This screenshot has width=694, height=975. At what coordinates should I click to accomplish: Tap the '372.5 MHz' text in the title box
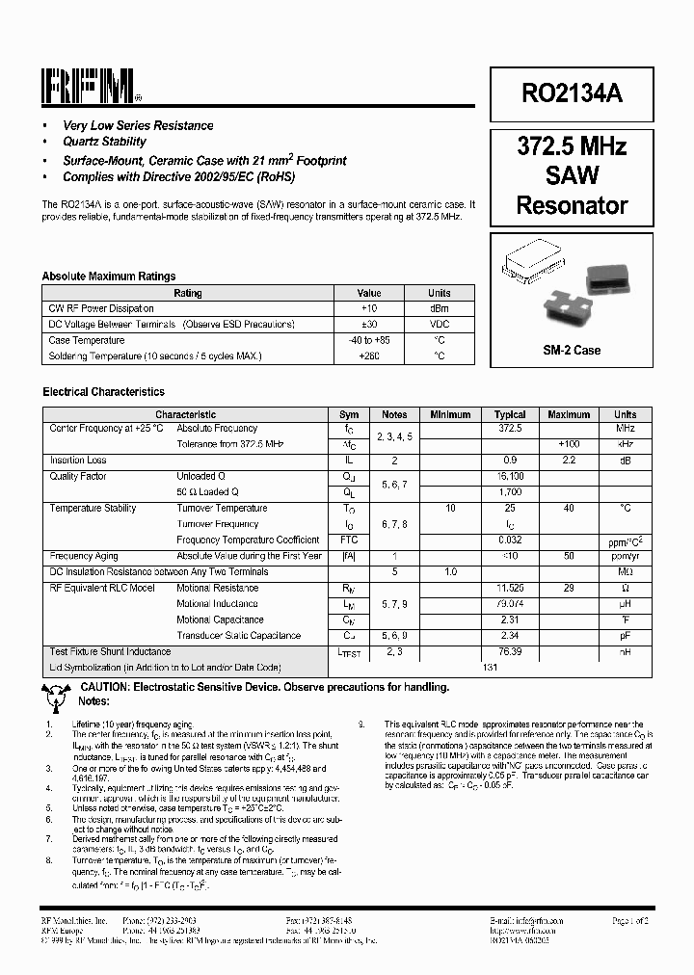573,146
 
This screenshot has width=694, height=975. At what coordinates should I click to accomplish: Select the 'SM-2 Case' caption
573,350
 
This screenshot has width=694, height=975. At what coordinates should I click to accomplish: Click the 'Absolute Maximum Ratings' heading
109,277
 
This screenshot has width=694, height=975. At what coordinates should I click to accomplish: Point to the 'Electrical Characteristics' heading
104,392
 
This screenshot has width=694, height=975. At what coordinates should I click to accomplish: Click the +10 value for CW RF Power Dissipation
368,308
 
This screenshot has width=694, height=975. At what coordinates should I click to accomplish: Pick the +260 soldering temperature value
368,356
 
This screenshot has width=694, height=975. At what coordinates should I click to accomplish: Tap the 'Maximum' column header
569,414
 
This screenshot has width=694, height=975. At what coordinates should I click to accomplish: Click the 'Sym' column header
349,414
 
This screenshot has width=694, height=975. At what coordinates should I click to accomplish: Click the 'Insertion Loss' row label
78,461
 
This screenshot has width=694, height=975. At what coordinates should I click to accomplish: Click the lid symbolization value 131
491,668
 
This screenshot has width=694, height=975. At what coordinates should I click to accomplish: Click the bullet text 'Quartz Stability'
104,141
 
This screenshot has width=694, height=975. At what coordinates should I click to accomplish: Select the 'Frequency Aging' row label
85,556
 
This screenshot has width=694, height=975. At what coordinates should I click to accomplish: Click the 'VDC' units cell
440,325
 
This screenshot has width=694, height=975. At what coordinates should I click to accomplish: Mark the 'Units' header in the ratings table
440,293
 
